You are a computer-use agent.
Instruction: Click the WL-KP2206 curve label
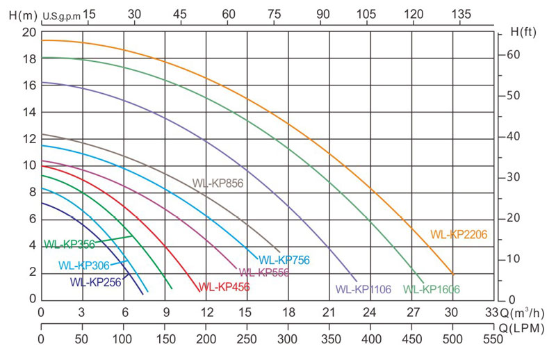coord(459,234)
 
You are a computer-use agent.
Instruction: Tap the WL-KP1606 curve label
coord(431,289)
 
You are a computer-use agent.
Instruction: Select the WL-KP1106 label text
coord(364,289)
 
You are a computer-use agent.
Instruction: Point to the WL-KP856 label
coord(220,183)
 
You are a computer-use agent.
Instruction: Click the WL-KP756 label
coord(284,261)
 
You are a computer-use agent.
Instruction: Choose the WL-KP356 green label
coord(69,244)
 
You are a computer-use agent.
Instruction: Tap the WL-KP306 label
coord(84,265)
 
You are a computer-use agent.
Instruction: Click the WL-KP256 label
coord(95,282)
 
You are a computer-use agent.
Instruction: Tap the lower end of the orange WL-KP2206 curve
coord(453,273)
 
